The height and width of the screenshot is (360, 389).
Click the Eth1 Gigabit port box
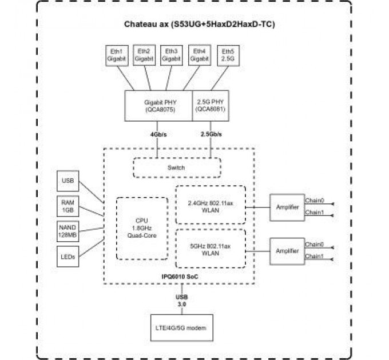116,55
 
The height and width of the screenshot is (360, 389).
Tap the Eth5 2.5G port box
227,55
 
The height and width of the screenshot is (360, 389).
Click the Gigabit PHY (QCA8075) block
158,106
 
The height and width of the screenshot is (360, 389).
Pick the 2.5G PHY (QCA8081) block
211,106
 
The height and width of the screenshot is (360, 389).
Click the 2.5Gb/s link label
212,135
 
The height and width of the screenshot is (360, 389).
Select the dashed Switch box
176,168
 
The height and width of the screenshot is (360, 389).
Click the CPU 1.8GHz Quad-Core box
142,228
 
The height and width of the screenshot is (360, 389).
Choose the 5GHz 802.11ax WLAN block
210,249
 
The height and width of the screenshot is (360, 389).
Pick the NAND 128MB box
68,231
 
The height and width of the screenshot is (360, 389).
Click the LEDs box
68,257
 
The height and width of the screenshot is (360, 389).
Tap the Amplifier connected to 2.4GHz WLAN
287,207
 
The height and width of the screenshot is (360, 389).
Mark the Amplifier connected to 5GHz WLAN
287,250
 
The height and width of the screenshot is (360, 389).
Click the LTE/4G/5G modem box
181,329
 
